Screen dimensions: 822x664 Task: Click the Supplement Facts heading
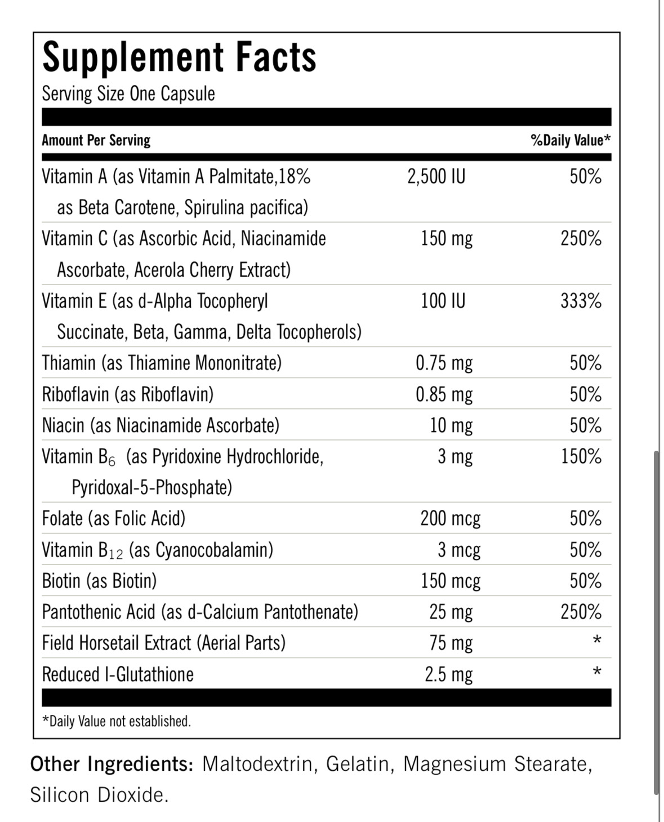179,57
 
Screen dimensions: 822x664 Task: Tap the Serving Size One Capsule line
128,94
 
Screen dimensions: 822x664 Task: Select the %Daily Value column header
570,140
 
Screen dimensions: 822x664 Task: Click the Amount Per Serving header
96,140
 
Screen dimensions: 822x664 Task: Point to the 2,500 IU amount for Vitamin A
436,177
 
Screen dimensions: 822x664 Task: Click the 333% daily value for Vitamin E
581,301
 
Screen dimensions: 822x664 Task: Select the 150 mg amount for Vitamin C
447,239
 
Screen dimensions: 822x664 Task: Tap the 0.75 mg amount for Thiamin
444,363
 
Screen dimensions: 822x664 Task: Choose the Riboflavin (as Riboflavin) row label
128,394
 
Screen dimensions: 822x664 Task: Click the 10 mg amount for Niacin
451,425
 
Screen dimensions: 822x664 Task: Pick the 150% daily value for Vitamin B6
581,456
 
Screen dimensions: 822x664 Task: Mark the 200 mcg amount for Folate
450,518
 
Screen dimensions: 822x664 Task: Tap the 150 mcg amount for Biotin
451,581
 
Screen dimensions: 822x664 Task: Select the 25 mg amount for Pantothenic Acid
451,612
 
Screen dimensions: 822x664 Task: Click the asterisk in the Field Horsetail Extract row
597,641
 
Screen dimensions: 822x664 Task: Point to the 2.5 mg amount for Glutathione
448,674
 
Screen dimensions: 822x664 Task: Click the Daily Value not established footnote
117,721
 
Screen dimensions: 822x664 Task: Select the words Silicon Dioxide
99,795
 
